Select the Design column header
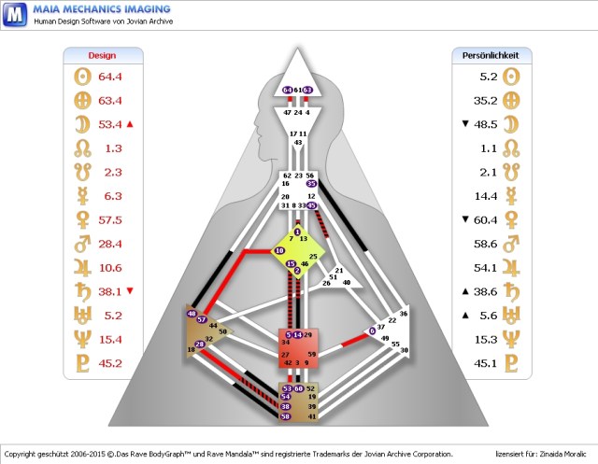[x=102, y=55]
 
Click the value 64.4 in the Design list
[x=111, y=77]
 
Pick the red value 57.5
[x=111, y=219]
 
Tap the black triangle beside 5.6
[x=464, y=315]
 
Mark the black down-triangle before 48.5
[x=464, y=124]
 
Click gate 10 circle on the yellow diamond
[x=278, y=250]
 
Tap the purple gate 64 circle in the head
[x=287, y=90]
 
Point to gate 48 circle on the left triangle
[x=192, y=314]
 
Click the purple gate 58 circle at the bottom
[x=286, y=416]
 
